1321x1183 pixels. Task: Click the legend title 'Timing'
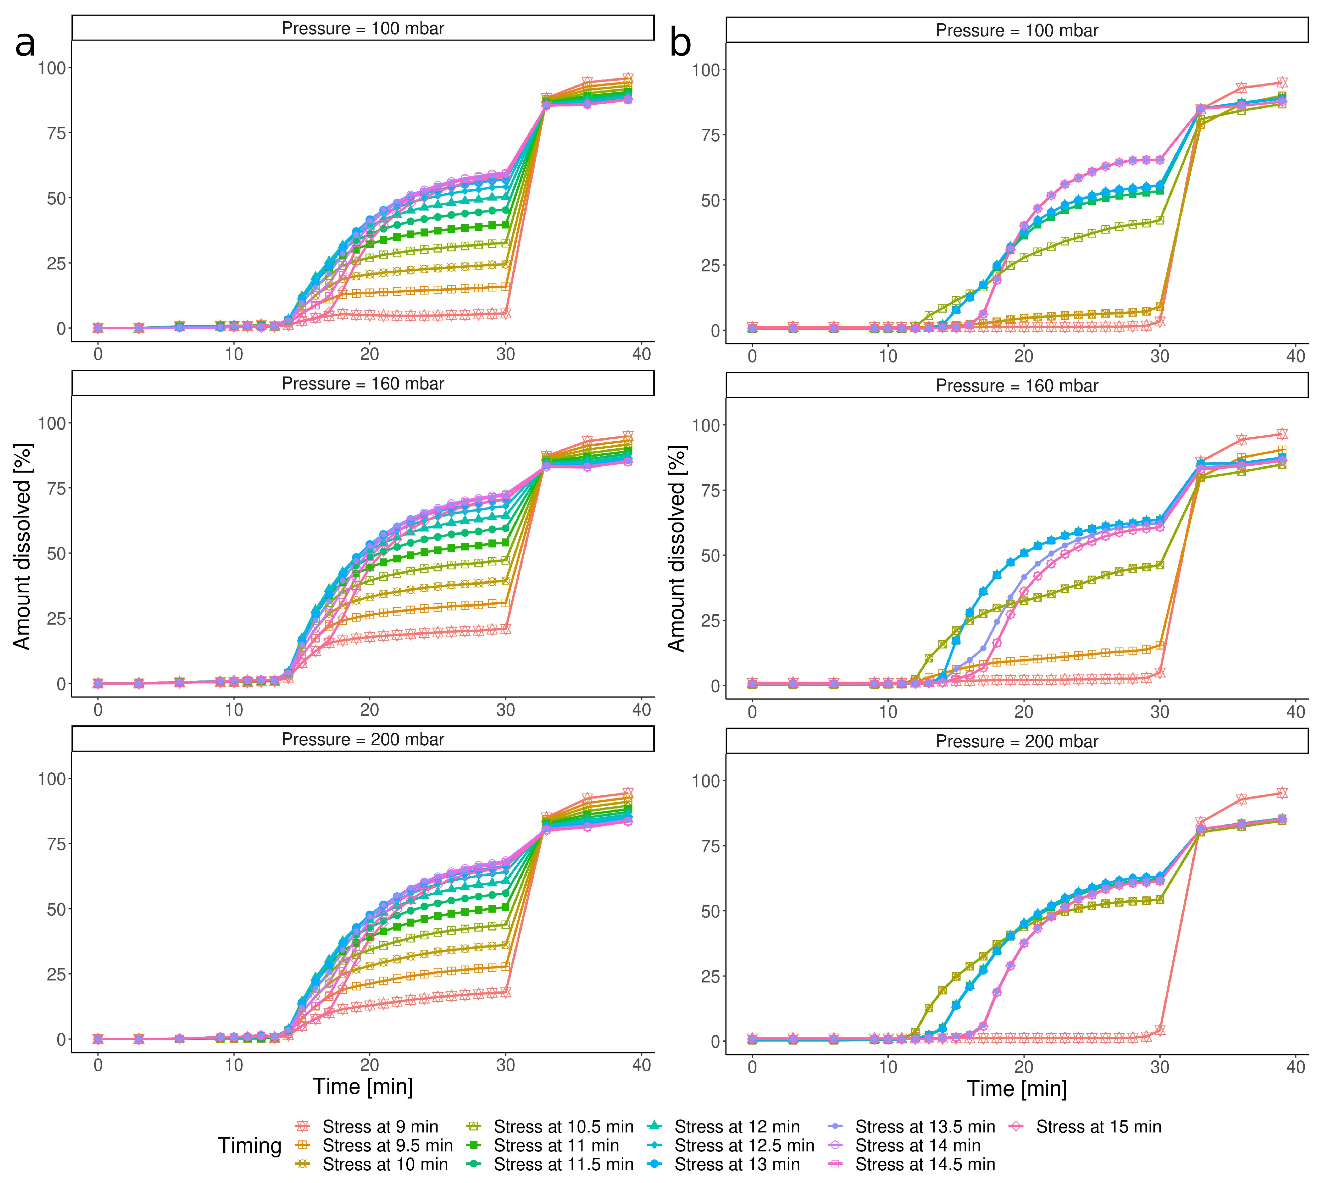(x=249, y=1145)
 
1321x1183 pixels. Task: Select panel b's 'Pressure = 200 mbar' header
(x=1017, y=741)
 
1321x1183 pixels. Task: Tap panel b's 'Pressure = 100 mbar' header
(x=1017, y=31)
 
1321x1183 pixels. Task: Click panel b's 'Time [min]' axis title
(x=1017, y=1089)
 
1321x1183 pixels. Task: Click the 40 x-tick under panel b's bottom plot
(x=1296, y=1067)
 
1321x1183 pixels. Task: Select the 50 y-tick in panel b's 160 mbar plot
(x=706, y=556)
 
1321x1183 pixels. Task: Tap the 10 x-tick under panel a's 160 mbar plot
(x=234, y=710)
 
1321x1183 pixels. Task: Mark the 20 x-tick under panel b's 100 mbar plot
(x=1024, y=356)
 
